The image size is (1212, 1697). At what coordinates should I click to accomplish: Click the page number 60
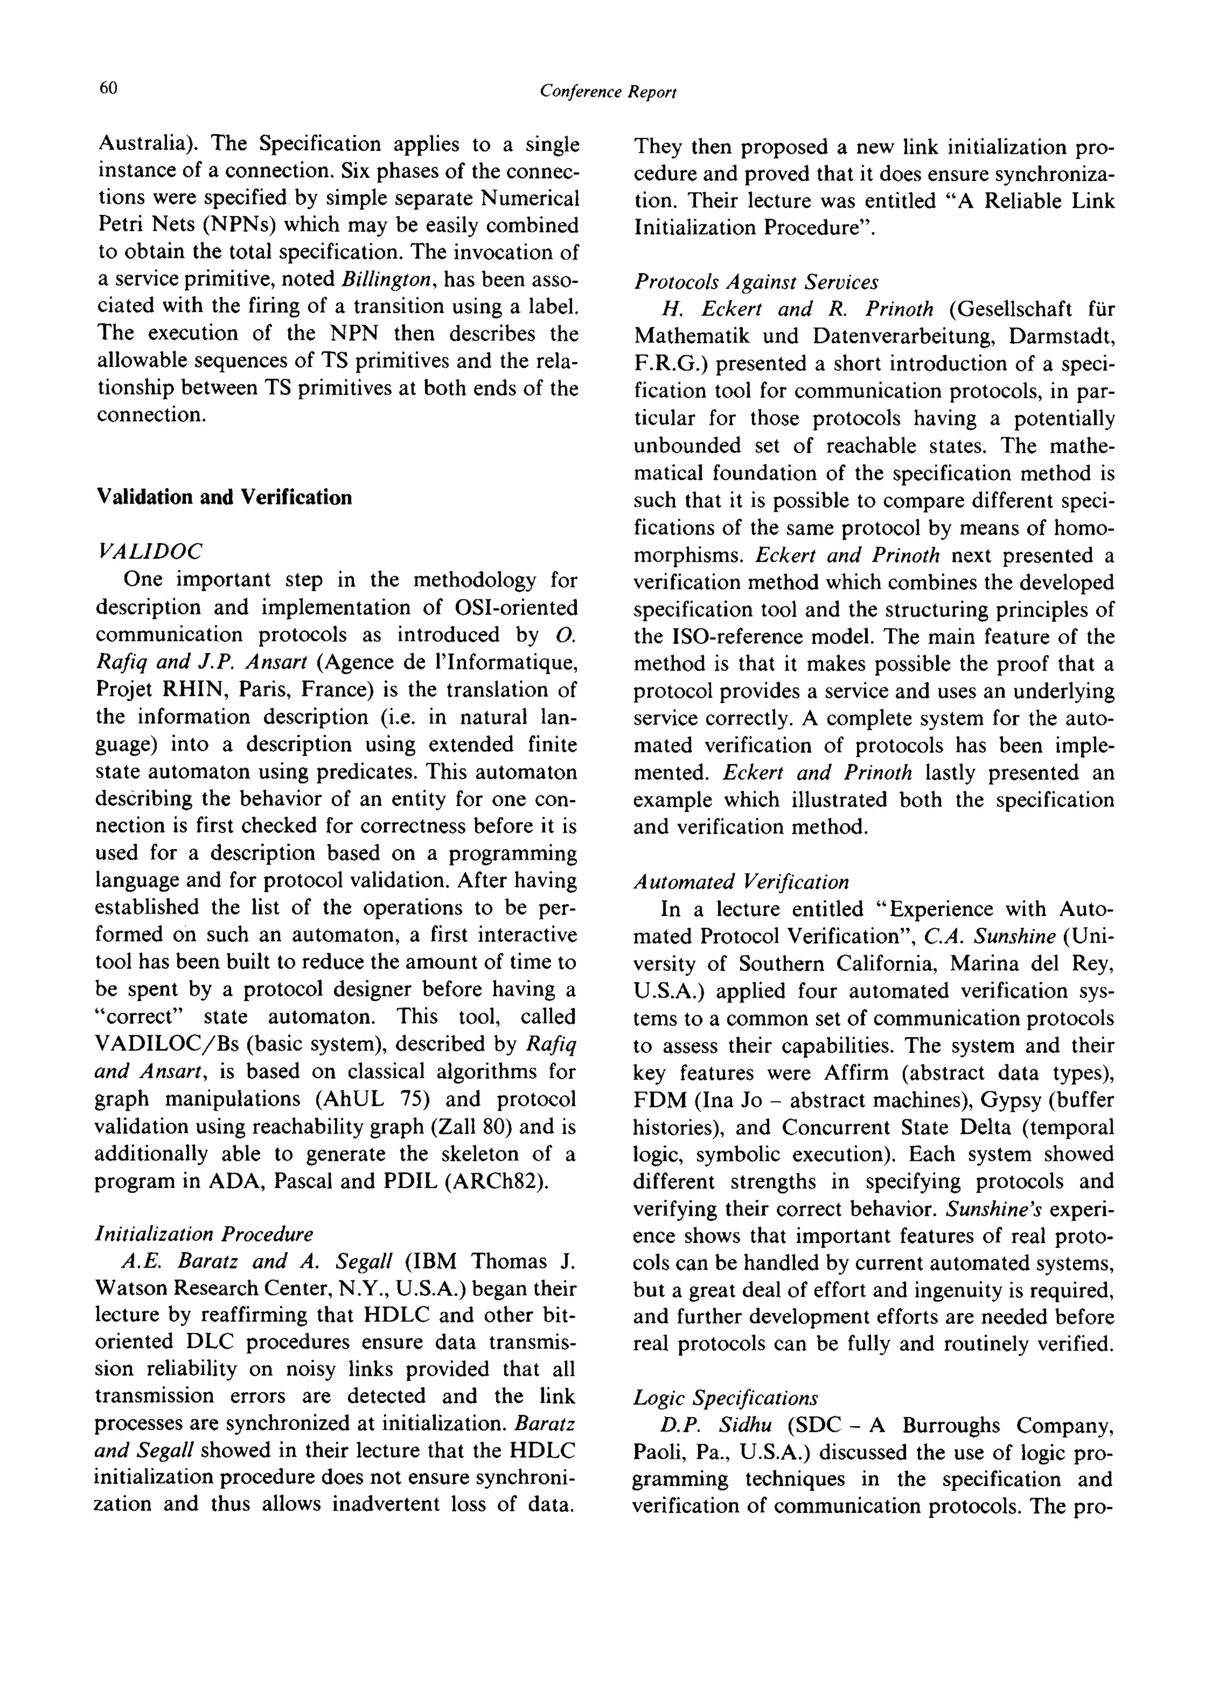(108, 88)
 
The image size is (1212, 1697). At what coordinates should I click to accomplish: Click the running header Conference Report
(608, 91)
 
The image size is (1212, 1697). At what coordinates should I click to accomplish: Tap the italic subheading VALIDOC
(149, 551)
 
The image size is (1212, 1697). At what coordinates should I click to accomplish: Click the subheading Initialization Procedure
(205, 1234)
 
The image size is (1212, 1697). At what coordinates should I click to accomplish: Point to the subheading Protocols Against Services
(756, 282)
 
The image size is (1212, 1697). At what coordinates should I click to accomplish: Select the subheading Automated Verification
(741, 882)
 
